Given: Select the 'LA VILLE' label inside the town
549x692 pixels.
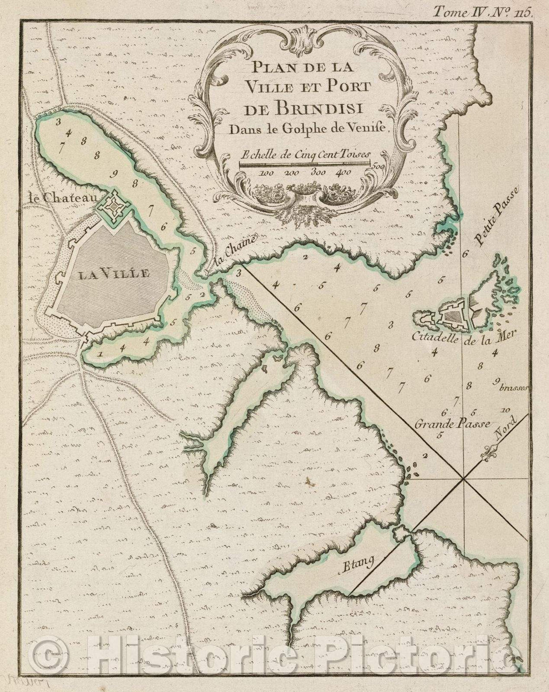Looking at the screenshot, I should pyautogui.click(x=114, y=274).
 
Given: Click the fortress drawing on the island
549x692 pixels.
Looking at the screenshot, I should pyautogui.click(x=450, y=317).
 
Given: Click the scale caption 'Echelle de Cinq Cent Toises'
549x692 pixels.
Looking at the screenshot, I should pyautogui.click(x=306, y=153).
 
